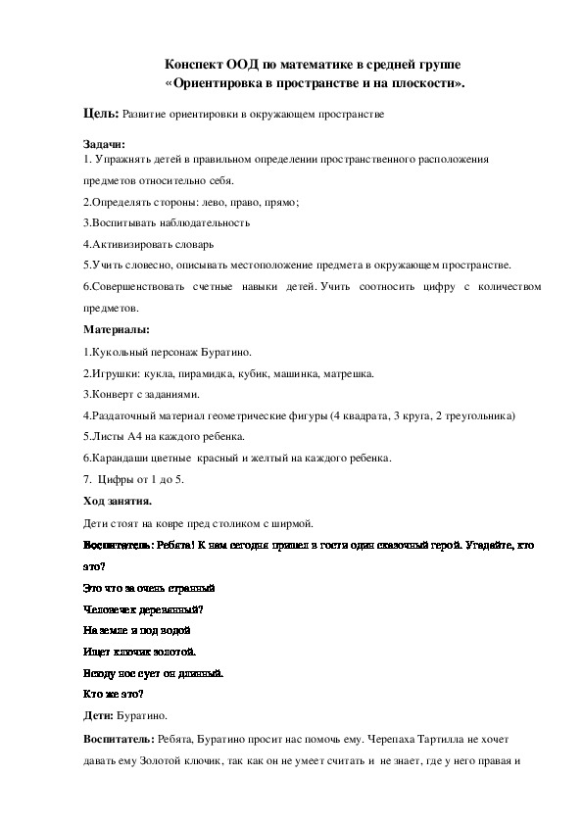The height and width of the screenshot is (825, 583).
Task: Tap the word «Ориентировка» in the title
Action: click(230, 83)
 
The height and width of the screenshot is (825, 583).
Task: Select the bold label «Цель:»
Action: click(101, 114)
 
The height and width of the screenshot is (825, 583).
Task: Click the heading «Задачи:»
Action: click(105, 144)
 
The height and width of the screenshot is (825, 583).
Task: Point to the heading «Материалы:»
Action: click(116, 330)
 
